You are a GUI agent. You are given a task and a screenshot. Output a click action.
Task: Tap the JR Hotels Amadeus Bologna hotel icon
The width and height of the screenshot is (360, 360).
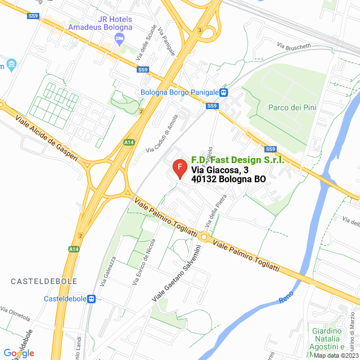pyautogui.click(x=119, y=38)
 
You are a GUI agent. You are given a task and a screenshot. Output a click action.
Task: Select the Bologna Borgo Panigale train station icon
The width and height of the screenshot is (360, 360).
pyautogui.click(x=223, y=92)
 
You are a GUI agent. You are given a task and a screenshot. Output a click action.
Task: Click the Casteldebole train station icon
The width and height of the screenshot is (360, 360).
pyautogui.click(x=92, y=299)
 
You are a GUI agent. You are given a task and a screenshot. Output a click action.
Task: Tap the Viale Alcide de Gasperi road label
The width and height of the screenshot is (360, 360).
pyautogui.click(x=43, y=136)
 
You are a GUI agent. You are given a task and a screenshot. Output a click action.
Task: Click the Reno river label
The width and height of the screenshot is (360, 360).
pyautogui.click(x=287, y=298)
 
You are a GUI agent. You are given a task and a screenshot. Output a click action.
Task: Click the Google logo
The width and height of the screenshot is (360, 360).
pyautogui.click(x=19, y=353)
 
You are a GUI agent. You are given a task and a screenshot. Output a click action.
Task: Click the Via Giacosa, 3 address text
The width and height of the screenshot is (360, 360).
pyautogui.click(x=219, y=170)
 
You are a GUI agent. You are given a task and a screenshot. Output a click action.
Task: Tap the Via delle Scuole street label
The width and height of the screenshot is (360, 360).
pyautogui.click(x=146, y=43)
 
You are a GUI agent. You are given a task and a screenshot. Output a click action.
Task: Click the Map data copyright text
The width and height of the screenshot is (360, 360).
pyautogui.click(x=335, y=355)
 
